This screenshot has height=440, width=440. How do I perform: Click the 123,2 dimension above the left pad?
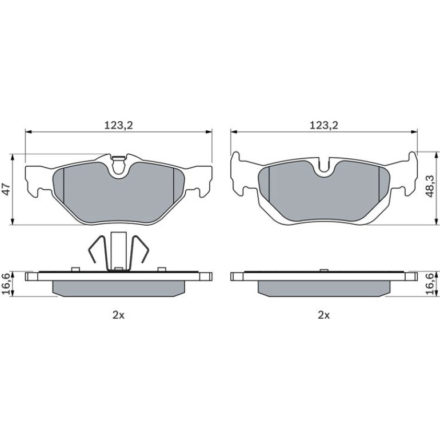tap(118, 125)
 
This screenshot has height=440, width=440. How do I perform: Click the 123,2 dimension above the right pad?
tap(324, 125)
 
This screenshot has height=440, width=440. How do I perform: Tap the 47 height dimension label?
tap(6, 189)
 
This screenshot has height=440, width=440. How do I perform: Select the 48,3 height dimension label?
tap(430, 186)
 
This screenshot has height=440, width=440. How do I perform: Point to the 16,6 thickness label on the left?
tap(6, 283)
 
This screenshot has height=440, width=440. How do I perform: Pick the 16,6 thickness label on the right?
tap(430, 283)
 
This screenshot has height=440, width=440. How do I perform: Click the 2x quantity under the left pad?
tap(118, 315)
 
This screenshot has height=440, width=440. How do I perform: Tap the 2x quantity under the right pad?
tap(324, 315)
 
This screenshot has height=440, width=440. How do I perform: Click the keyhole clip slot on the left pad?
tap(118, 166)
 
